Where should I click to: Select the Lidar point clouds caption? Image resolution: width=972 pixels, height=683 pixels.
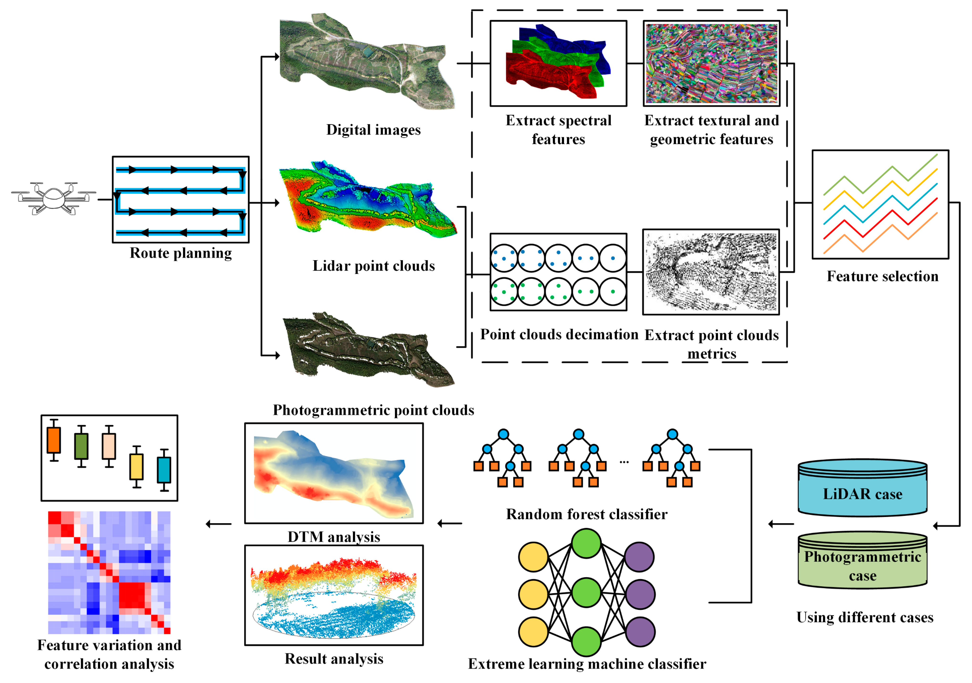(373, 266)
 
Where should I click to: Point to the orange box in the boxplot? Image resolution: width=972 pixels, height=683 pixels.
(54, 440)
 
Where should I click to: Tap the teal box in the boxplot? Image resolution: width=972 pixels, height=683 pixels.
(164, 470)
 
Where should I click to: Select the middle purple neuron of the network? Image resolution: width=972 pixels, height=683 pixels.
(640, 594)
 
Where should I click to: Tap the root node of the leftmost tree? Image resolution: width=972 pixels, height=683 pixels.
(503, 434)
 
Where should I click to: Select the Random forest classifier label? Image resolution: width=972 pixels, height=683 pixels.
(586, 514)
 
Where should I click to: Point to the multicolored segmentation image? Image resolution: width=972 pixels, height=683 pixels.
(711, 63)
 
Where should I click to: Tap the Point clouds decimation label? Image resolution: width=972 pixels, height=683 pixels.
(559, 334)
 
